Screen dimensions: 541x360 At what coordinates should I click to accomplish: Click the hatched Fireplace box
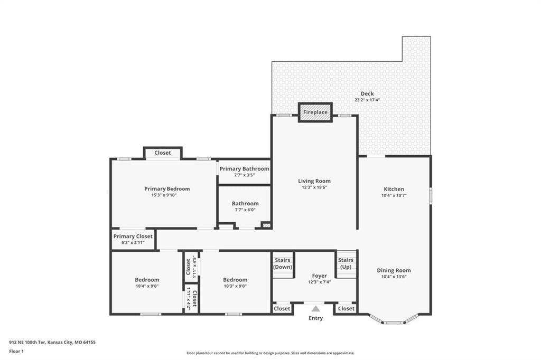pos(315,112)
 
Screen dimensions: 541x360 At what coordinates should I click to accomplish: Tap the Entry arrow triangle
pos(316,309)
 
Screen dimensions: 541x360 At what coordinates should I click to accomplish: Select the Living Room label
pos(314,181)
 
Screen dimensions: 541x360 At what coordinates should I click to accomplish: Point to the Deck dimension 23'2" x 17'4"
pos(367,100)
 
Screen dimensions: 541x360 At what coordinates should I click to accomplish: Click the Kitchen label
pos(394,189)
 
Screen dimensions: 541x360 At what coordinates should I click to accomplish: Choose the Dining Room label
pos(394,270)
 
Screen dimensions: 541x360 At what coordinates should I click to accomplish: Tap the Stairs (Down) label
pos(283,263)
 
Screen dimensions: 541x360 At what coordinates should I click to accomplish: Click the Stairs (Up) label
pos(346,263)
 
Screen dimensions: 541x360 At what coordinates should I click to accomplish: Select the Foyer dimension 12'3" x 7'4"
pos(320,282)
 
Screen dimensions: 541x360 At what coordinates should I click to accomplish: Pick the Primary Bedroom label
pos(167,188)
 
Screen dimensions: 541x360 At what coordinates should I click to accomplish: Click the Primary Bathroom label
pos(244,168)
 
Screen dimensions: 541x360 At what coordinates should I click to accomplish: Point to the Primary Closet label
pos(133,236)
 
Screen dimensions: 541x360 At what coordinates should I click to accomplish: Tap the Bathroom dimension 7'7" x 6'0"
pos(245,210)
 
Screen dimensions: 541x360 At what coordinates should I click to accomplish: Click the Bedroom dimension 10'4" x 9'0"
pos(147,286)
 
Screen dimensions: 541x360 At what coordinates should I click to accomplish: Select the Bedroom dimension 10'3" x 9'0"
pos(235,286)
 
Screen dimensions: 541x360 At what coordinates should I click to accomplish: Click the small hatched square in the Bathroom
pos(266,225)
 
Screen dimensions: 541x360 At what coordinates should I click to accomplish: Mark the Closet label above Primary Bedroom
pos(163,153)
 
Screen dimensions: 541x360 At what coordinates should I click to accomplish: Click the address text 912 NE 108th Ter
pos(27,343)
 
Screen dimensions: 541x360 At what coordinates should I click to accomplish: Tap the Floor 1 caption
pos(16,352)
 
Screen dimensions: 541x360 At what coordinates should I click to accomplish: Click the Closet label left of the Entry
pos(282,309)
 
